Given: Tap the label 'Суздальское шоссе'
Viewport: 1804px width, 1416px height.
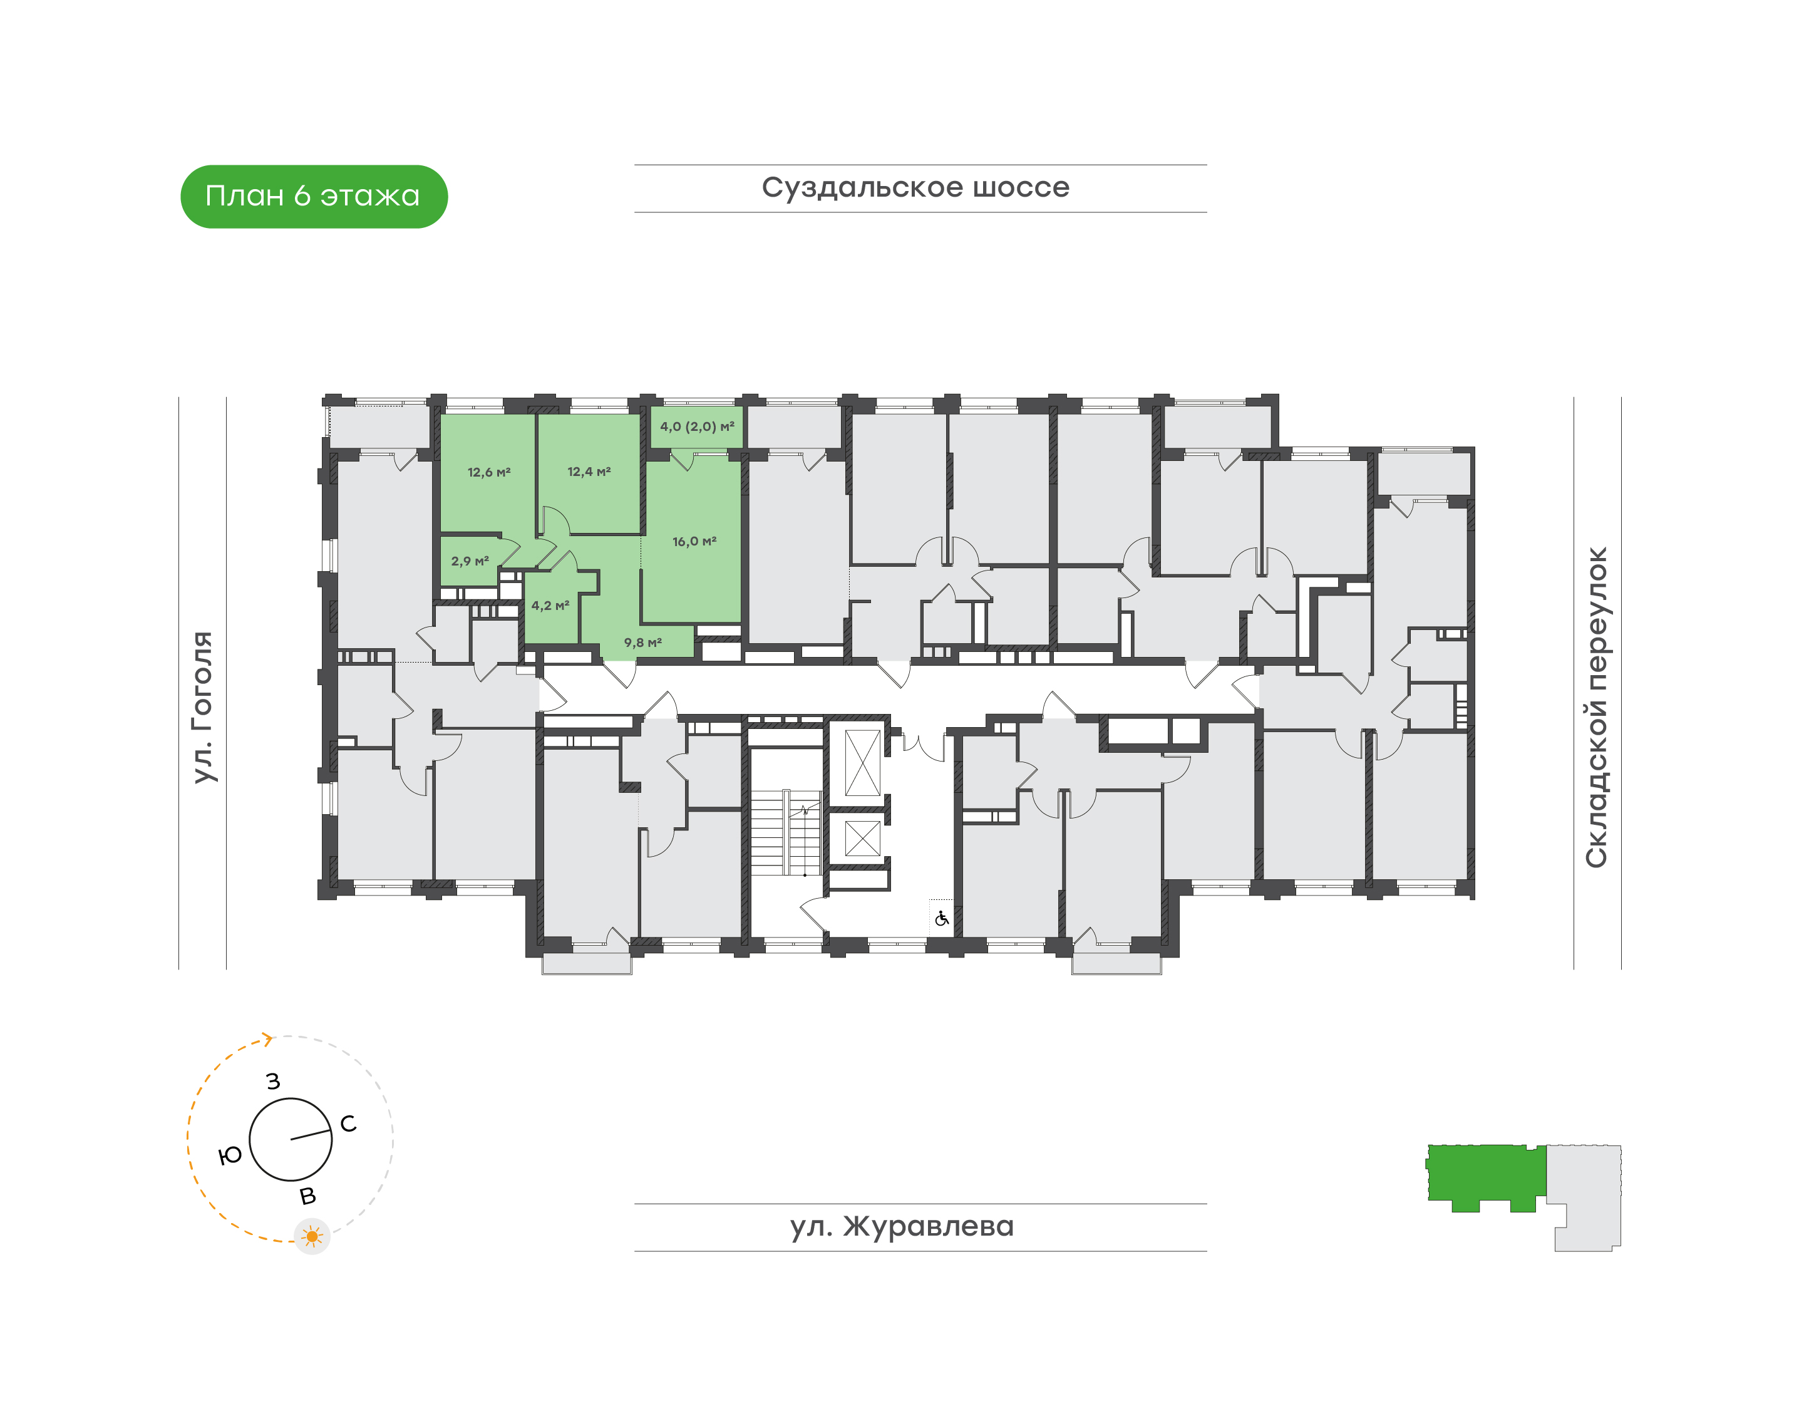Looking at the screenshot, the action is (915, 187).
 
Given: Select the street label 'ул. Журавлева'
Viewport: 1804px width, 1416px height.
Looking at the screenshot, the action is (902, 1226).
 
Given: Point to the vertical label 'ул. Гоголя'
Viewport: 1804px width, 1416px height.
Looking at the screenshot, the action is (203, 707).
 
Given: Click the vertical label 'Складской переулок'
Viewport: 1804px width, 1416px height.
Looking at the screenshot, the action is (1596, 707).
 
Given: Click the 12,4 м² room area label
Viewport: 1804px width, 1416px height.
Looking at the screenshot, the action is (589, 472).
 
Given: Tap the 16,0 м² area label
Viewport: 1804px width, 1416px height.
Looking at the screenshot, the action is (694, 541).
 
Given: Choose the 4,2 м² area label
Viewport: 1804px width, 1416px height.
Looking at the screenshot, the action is (550, 606).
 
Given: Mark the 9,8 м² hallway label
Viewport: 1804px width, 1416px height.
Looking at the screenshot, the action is (642, 643).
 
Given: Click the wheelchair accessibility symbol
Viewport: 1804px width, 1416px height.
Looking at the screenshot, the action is (941, 919).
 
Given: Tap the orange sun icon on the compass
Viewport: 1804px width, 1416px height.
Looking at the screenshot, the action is (312, 1237).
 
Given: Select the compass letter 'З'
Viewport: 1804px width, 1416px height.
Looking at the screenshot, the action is (273, 1081).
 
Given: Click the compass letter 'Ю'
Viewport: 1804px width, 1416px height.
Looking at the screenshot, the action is (230, 1155).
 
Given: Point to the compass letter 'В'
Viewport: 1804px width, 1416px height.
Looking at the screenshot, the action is (307, 1196).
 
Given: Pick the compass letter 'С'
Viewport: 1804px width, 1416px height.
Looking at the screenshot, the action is (348, 1124).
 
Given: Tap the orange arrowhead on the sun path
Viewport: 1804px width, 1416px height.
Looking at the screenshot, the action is (267, 1040).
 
